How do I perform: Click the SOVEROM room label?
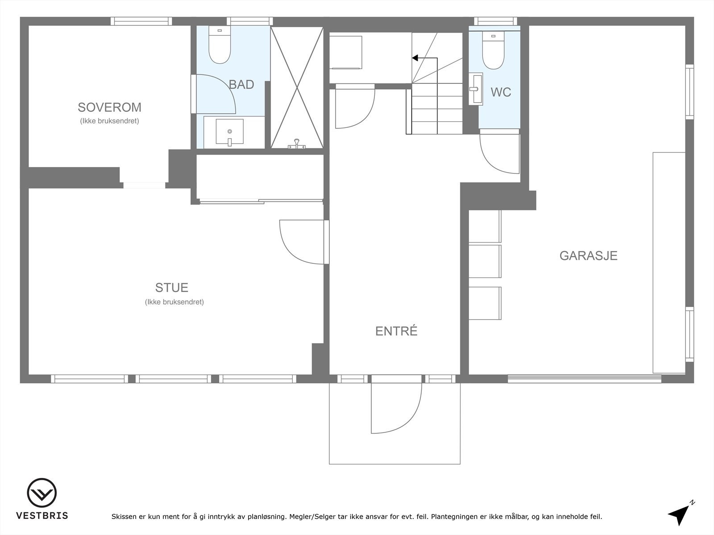pyautogui.click(x=109, y=107)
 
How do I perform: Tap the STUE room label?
pyautogui.click(x=171, y=287)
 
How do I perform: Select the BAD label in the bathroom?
pyautogui.click(x=241, y=84)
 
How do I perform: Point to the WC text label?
pyautogui.click(x=501, y=92)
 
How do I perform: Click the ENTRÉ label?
pyautogui.click(x=396, y=331)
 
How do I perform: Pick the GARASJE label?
pyautogui.click(x=588, y=255)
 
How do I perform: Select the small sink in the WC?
pyautogui.click(x=475, y=89)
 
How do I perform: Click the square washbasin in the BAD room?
pyautogui.click(x=229, y=132)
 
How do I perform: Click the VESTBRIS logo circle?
pyautogui.click(x=42, y=493)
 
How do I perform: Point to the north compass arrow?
pyautogui.click(x=679, y=514)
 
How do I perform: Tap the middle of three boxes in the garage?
pyautogui.click(x=485, y=261)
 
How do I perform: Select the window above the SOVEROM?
pyautogui.click(x=141, y=21)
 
